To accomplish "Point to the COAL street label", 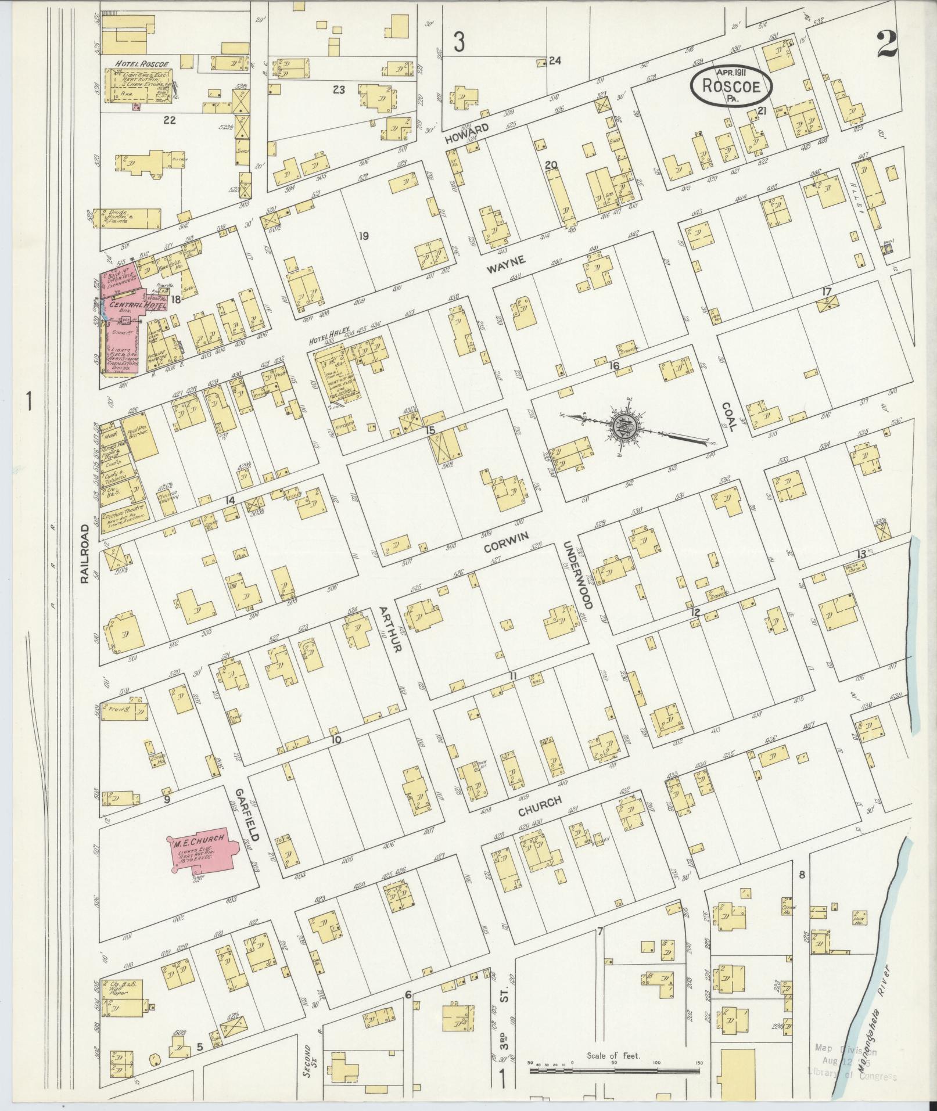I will [x=729, y=417].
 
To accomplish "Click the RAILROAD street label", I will [x=85, y=553].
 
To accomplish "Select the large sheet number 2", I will [x=887, y=45].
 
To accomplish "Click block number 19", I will [x=364, y=236].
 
